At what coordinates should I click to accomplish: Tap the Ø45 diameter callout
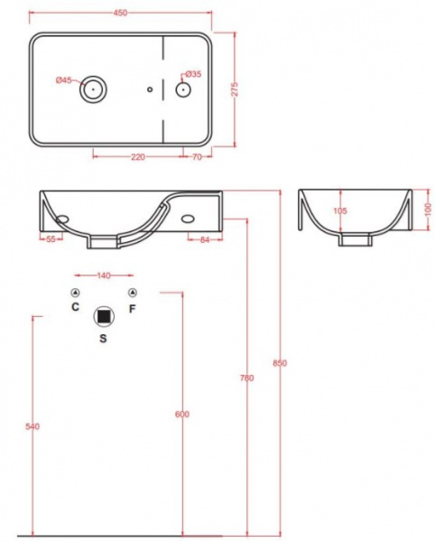(x=63, y=80)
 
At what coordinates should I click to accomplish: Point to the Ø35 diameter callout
(x=191, y=74)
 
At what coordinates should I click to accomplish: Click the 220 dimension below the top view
(x=138, y=156)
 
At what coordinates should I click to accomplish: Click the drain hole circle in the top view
(x=94, y=89)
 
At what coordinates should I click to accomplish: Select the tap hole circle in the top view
(x=182, y=89)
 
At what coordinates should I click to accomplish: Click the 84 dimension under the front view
(x=204, y=239)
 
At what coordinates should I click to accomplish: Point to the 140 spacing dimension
(x=104, y=275)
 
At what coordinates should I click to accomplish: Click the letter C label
(x=76, y=307)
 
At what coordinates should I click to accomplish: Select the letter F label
(x=133, y=307)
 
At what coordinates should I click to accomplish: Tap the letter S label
(x=103, y=339)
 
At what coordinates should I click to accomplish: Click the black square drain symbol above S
(x=104, y=316)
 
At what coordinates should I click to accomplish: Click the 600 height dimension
(x=181, y=413)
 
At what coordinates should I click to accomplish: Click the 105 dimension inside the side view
(x=340, y=211)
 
